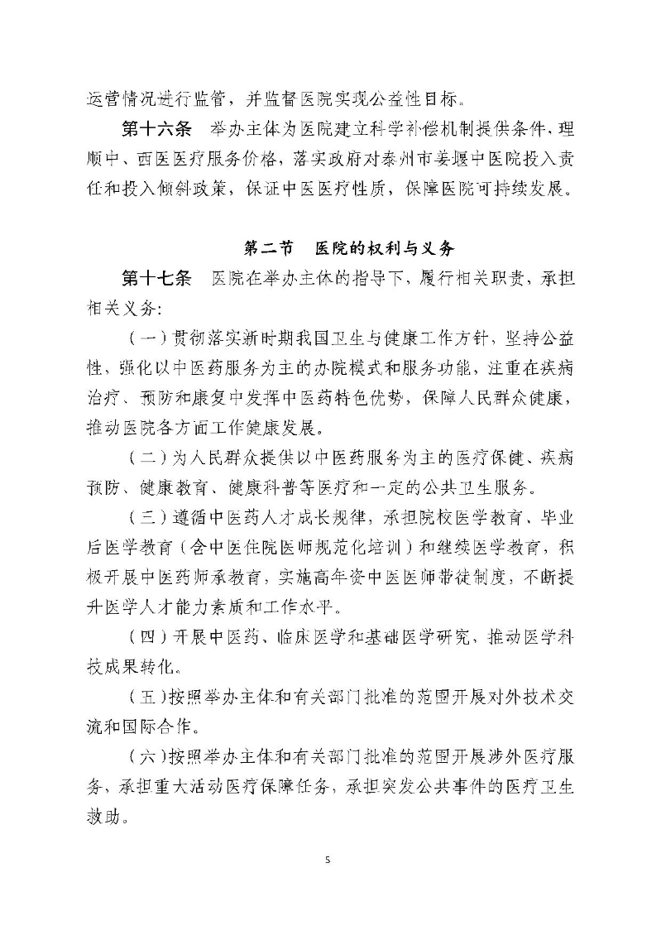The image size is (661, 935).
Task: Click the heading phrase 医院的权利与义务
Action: pos(386,247)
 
